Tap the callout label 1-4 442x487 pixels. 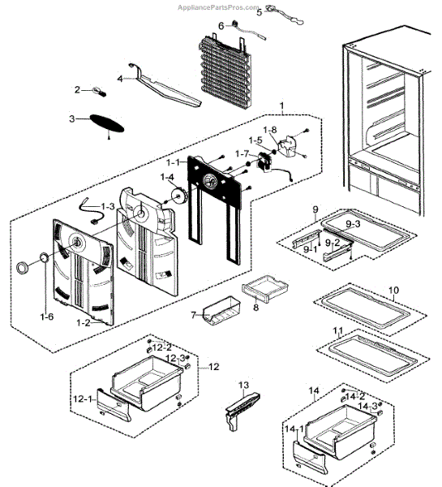pyautogui.click(x=166, y=178)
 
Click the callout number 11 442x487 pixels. pyautogui.click(x=339, y=332)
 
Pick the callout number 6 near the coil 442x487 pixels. pyautogui.click(x=221, y=25)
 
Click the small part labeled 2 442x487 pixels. pyautogui.click(x=79, y=89)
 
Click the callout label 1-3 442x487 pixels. pyautogui.click(x=106, y=207)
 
